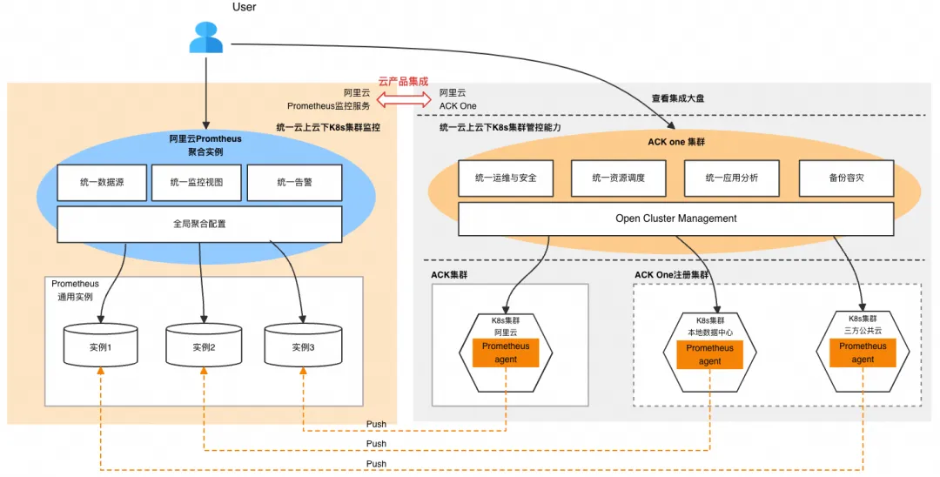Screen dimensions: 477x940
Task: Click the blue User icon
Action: tap(206, 38)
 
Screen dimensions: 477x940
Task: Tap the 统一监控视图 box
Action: tap(198, 183)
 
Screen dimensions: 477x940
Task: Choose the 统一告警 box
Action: tap(294, 183)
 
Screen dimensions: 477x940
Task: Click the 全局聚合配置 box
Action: tap(199, 224)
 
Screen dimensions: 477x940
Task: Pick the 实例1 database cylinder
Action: tap(101, 346)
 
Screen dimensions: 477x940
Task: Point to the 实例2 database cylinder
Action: tap(204, 346)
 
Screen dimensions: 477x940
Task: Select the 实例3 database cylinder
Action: tap(302, 346)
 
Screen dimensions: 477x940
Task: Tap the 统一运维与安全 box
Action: tap(506, 178)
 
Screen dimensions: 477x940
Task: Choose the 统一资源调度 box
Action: tap(618, 178)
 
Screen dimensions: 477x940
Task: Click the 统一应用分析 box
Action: tap(732, 178)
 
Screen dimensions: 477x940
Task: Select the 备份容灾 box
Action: tap(846, 178)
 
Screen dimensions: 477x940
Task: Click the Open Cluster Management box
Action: tap(675, 218)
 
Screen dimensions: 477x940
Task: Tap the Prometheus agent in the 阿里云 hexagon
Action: tap(506, 353)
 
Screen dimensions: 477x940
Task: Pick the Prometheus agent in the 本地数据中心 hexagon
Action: tap(709, 354)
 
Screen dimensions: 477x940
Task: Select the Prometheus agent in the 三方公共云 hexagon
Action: tap(863, 353)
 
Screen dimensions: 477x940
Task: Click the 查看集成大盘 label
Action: tap(678, 98)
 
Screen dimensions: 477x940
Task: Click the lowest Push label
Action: tap(376, 464)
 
